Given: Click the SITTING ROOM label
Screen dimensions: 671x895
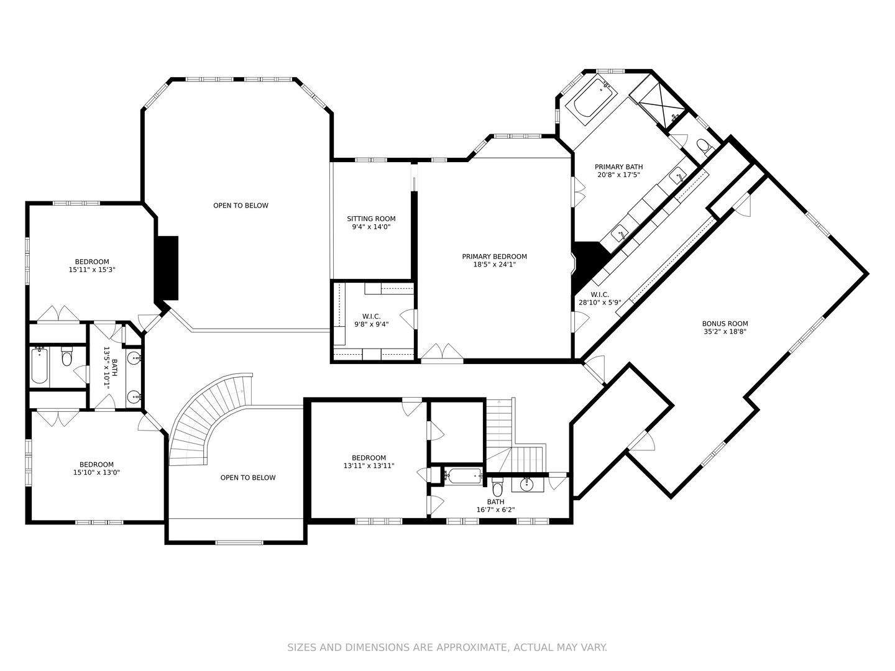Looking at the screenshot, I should (x=371, y=219).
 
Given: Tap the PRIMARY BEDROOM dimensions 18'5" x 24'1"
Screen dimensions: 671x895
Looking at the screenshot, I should (x=494, y=265).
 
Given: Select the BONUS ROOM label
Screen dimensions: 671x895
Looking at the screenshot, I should (x=725, y=324).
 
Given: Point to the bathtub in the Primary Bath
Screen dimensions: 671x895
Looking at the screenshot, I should (x=593, y=98).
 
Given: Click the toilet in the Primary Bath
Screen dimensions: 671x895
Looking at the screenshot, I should (x=704, y=147).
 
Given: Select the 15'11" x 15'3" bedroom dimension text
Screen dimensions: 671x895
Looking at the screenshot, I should (x=92, y=270).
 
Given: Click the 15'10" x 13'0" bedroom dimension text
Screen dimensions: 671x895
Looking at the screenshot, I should (x=96, y=473).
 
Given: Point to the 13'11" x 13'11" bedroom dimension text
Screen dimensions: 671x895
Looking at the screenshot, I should (x=369, y=466).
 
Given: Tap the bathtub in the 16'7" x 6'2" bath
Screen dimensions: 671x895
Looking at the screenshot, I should (x=463, y=477).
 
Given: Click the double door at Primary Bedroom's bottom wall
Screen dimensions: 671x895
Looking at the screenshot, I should (x=441, y=352).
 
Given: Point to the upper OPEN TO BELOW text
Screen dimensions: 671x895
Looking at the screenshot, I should (x=241, y=206).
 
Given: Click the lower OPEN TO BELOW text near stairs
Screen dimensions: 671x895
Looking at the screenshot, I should (x=247, y=478).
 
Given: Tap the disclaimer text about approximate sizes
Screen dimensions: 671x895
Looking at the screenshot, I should (x=447, y=647).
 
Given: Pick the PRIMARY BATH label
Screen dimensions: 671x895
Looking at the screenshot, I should (x=618, y=167).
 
